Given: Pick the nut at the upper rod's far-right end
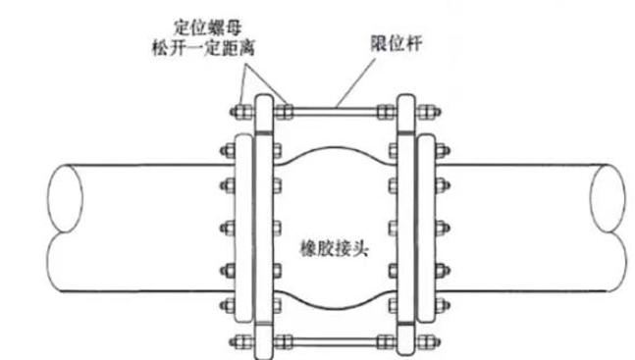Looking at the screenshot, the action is [x=432, y=107].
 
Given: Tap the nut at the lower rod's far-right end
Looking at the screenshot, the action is [x=432, y=340].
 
